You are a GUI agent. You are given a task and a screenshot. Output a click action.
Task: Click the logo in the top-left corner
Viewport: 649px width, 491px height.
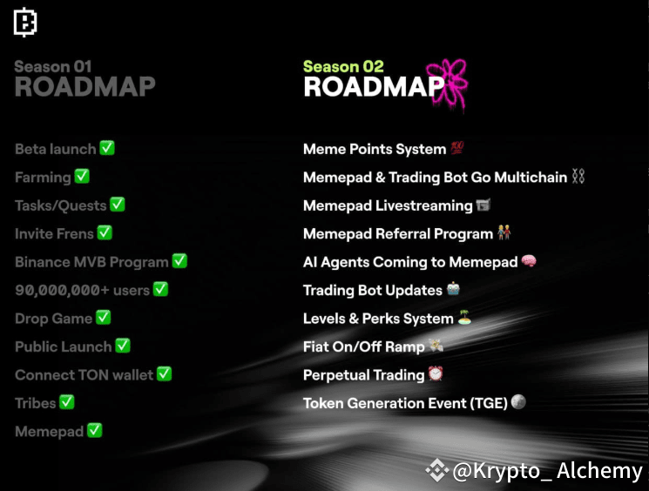pyautogui.click(x=25, y=24)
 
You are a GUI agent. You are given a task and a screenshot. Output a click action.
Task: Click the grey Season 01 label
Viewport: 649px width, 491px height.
pyautogui.click(x=53, y=66)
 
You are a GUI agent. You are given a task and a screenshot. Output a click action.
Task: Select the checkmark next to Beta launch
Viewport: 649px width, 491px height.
pyautogui.click(x=107, y=148)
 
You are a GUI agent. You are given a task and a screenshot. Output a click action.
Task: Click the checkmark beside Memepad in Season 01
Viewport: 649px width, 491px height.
pyautogui.click(x=95, y=430)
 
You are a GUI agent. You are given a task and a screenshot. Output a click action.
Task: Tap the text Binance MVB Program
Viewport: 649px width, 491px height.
pyautogui.click(x=91, y=261)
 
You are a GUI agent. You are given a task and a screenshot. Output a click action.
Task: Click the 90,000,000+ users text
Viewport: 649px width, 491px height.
pyautogui.click(x=82, y=290)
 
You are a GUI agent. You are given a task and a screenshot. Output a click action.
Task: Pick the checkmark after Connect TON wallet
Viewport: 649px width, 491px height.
pyautogui.click(x=164, y=374)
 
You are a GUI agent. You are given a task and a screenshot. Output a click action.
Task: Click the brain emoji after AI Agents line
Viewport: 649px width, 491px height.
pyautogui.click(x=528, y=261)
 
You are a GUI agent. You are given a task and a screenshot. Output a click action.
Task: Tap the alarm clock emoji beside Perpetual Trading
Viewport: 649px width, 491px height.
pyautogui.click(x=436, y=374)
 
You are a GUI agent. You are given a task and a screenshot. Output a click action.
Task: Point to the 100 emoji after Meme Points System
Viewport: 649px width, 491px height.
pyautogui.click(x=457, y=149)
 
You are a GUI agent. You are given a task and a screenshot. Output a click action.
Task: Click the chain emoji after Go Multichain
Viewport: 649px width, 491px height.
pyautogui.click(x=578, y=177)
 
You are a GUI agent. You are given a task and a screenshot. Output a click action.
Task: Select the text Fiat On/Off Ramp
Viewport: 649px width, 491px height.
pyautogui.click(x=363, y=346)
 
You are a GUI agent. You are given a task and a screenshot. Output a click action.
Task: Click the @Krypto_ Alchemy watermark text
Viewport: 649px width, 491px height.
pyautogui.click(x=548, y=471)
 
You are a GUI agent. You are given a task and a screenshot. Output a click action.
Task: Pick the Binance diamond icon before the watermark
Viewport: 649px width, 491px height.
pyautogui.click(x=436, y=471)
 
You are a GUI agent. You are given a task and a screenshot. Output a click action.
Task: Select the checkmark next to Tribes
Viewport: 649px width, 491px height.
pyautogui.click(x=67, y=402)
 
